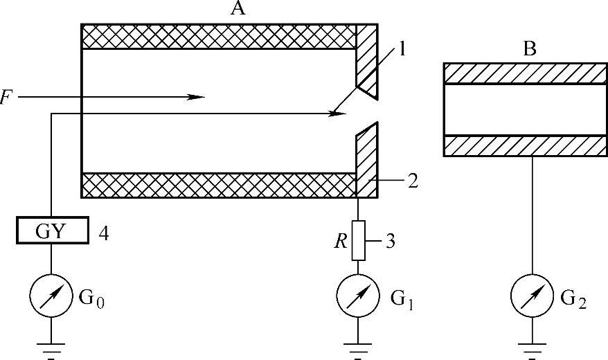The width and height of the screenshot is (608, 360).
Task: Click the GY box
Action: pos(53,231)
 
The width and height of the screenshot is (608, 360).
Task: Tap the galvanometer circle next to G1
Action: pos(358,297)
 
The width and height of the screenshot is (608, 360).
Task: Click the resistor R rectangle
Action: pos(358,240)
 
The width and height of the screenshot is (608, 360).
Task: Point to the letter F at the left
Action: pos(6,98)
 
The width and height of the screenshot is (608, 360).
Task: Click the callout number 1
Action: pos(404,51)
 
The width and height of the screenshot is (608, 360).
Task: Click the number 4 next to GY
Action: pos(103,231)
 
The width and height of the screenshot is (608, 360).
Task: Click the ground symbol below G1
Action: pos(358,346)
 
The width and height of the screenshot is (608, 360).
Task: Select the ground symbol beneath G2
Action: pos(532,346)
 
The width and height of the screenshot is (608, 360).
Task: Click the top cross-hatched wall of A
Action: pos(218,37)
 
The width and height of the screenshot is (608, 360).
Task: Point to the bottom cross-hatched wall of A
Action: pos(218,185)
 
